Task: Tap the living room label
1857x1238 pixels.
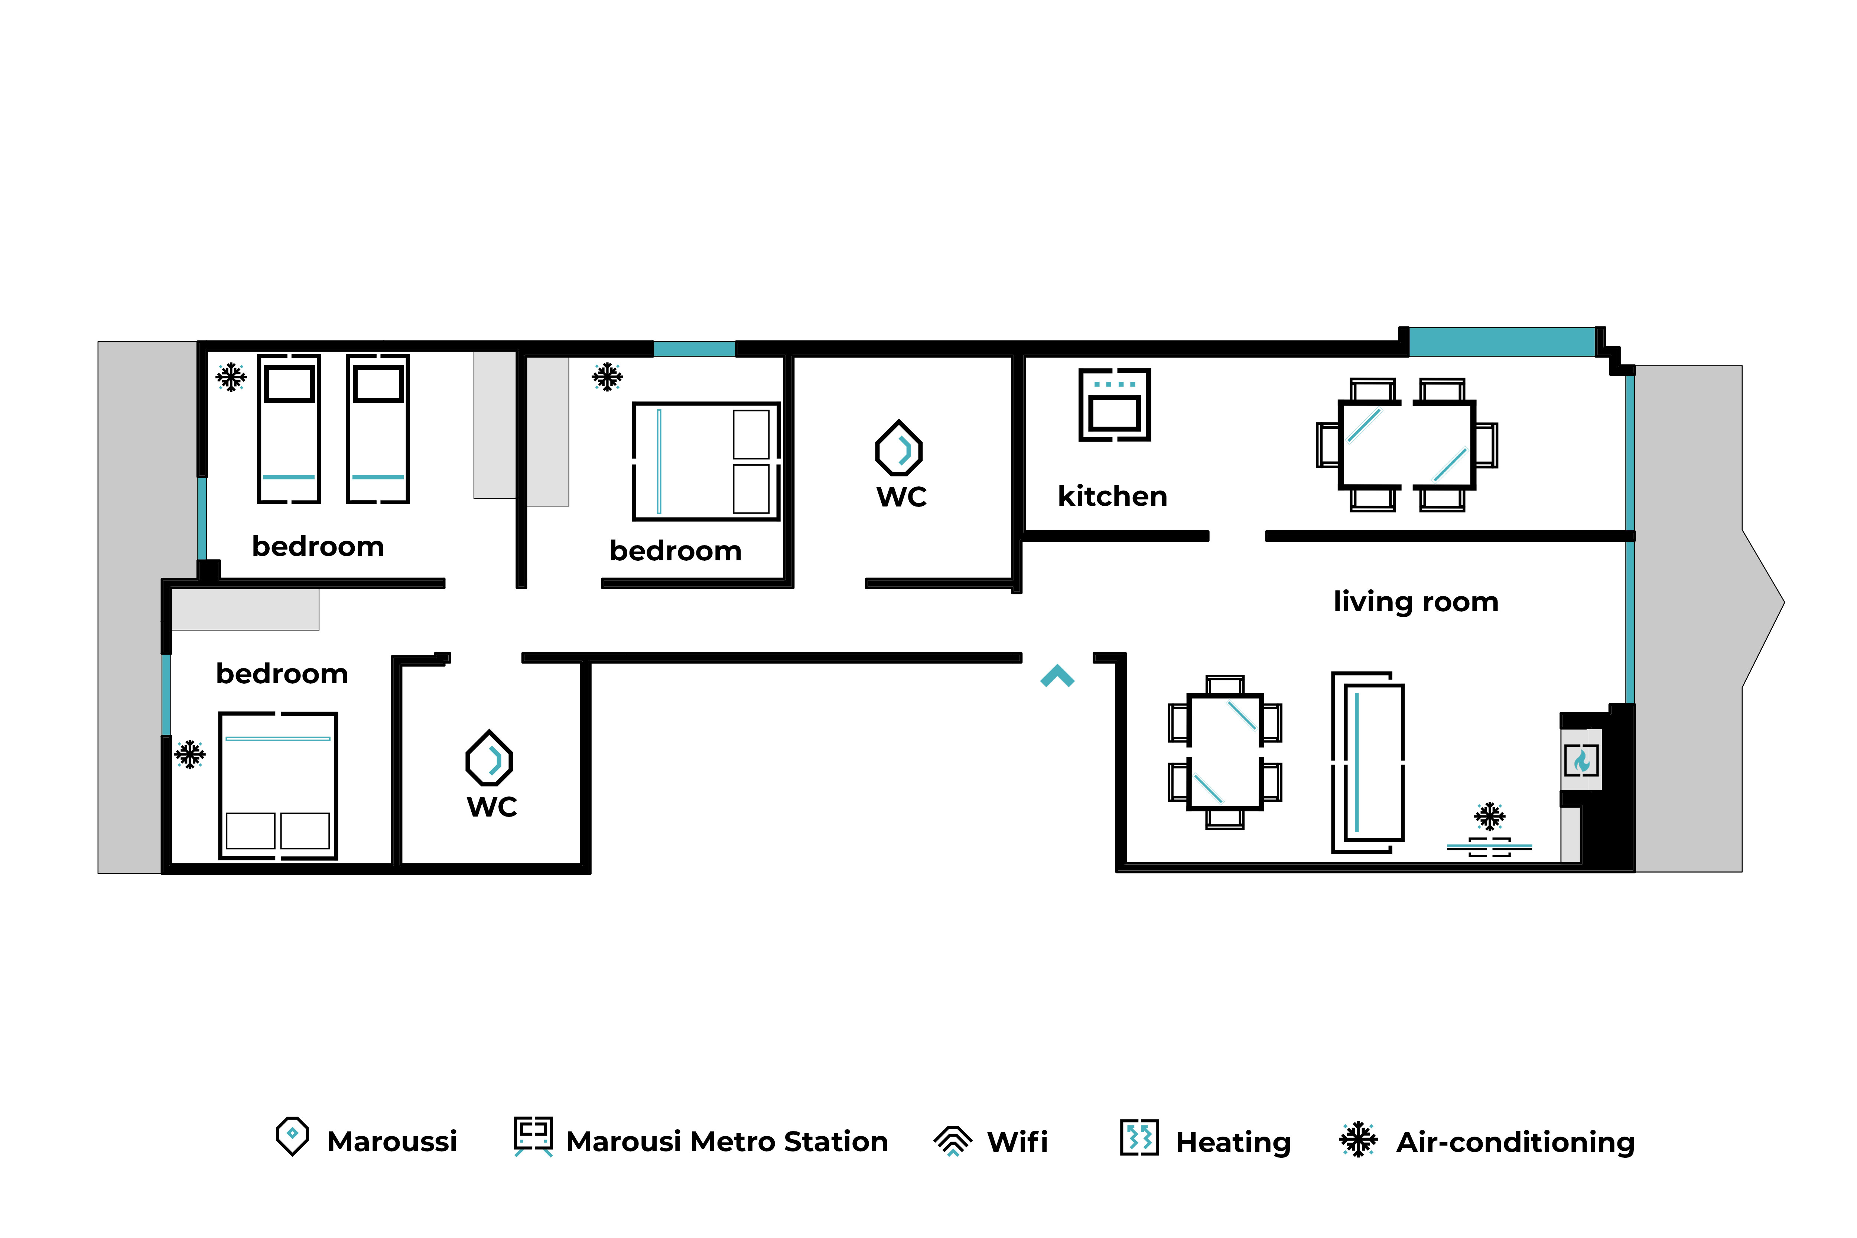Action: tap(1416, 602)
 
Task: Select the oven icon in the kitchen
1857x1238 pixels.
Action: tap(1114, 404)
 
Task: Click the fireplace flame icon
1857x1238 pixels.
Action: tap(1581, 760)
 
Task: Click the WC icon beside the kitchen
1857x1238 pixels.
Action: tap(899, 448)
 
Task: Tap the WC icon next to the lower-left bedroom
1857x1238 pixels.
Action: tap(490, 758)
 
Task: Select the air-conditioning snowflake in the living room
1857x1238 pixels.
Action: tap(1489, 817)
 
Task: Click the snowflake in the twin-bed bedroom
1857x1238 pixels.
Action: tap(231, 377)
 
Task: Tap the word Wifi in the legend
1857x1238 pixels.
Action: tap(1017, 1142)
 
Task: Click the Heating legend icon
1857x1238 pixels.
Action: tap(1139, 1138)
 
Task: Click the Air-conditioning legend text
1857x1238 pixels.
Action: tap(1515, 1143)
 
